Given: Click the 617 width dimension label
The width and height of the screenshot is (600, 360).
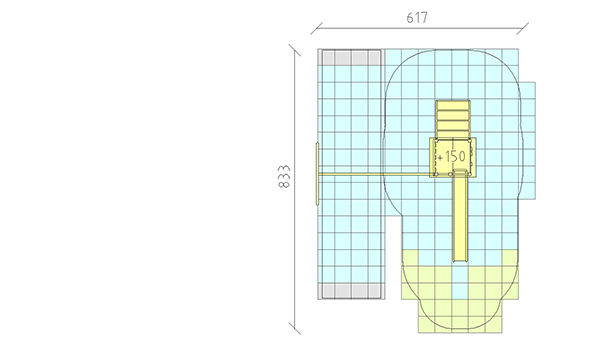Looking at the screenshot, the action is [x=417, y=18].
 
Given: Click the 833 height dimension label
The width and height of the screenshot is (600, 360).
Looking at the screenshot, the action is [x=284, y=176].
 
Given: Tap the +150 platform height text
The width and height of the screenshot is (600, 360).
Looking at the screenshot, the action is [x=452, y=156].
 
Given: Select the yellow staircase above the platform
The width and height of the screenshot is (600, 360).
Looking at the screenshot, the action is [x=453, y=119].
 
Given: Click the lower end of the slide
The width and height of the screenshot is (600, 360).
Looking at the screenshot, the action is [x=461, y=261].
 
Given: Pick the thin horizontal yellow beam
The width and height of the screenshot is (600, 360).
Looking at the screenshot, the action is [x=375, y=174].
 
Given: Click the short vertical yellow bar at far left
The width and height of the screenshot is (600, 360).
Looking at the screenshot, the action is [x=317, y=174].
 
